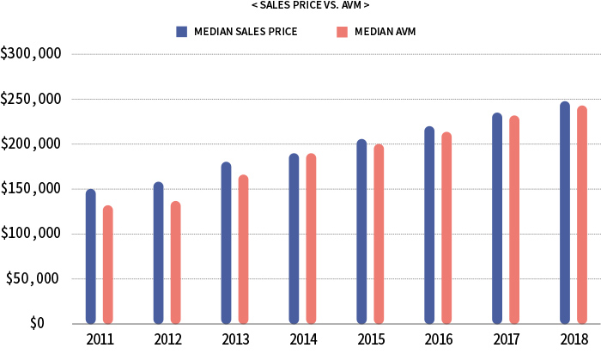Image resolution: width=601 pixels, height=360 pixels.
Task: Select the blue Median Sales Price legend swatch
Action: (x=181, y=32)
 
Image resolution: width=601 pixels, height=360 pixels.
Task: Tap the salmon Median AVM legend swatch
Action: (x=341, y=32)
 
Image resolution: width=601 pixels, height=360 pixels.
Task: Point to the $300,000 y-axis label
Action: (x=31, y=54)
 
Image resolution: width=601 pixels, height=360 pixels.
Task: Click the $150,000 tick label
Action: (x=31, y=189)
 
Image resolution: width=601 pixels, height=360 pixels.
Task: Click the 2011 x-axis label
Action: (x=100, y=340)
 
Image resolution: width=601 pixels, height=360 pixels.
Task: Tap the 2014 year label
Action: (x=302, y=340)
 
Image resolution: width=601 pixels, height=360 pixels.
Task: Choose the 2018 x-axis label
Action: (x=574, y=340)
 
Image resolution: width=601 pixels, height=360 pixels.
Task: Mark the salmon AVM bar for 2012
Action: (x=176, y=262)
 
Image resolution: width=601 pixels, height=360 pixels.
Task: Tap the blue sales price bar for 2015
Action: (x=361, y=231)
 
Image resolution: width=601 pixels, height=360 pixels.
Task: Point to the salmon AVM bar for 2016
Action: (x=446, y=228)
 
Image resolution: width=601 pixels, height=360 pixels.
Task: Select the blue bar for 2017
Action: (x=497, y=218)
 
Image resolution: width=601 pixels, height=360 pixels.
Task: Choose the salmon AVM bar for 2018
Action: (x=582, y=215)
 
